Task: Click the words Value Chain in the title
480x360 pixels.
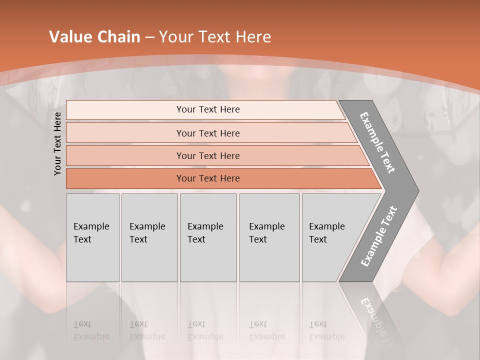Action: pyautogui.click(x=94, y=37)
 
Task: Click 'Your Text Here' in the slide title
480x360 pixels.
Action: pyautogui.click(x=215, y=37)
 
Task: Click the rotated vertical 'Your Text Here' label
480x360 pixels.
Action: pyautogui.click(x=58, y=143)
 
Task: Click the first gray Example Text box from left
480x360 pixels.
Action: pyautogui.click(x=92, y=237)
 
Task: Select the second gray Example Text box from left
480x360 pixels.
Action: pyautogui.click(x=149, y=237)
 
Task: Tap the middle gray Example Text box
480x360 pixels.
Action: pyautogui.click(x=208, y=237)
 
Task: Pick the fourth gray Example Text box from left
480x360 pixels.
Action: pyautogui.click(x=269, y=237)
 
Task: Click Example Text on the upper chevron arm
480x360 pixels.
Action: pyautogui.click(x=377, y=142)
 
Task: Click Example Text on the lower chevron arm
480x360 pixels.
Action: pyautogui.click(x=378, y=236)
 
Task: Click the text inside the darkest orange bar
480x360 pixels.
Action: pyautogui.click(x=208, y=178)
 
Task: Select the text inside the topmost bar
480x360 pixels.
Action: pyautogui.click(x=208, y=109)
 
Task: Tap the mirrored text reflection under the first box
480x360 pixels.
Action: pyautogui.click(x=91, y=331)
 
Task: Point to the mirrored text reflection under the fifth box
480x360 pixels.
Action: pyautogui.click(x=326, y=331)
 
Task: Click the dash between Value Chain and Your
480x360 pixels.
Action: pyautogui.click(x=149, y=37)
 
